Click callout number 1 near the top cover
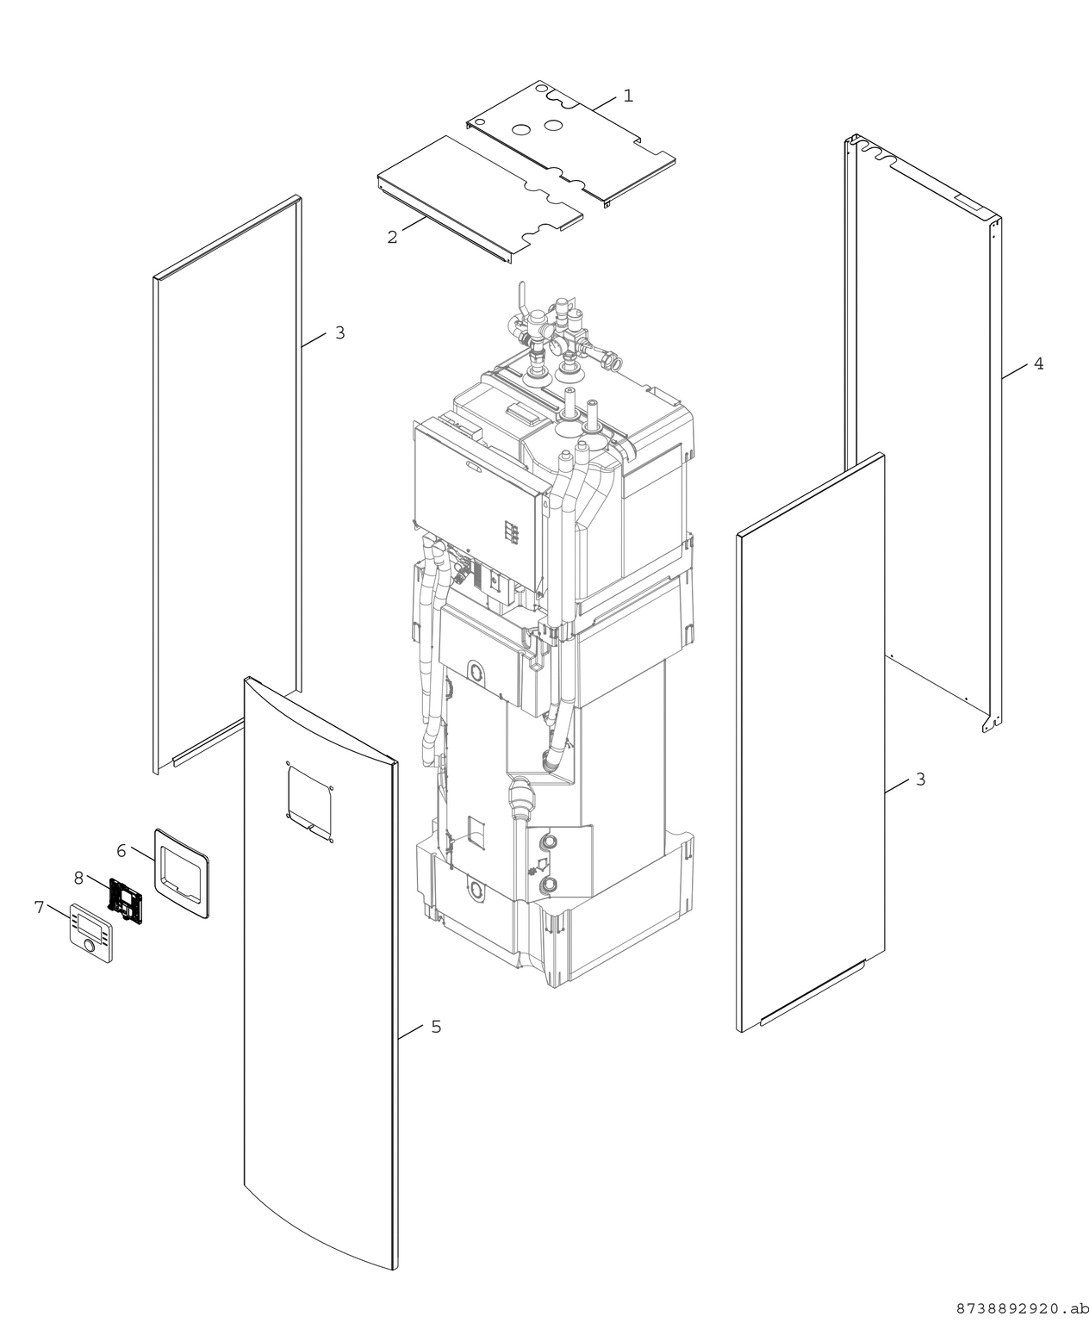point(628,96)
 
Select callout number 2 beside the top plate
point(393,237)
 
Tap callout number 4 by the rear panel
point(1038,364)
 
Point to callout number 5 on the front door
point(436,1027)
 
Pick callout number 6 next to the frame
point(121,851)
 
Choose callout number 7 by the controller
point(39,907)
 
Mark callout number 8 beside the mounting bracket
point(78,879)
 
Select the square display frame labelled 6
point(182,873)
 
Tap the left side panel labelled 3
point(226,482)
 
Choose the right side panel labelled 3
point(810,741)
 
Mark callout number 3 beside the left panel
point(339,332)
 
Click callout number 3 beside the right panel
point(920,780)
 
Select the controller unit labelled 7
point(90,932)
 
